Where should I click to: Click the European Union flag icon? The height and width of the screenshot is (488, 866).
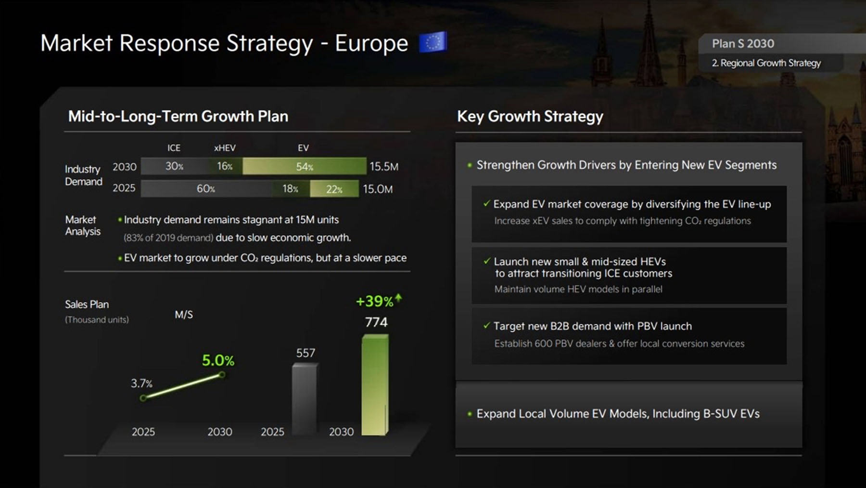coord(433,42)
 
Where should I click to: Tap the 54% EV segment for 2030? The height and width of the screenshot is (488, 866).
coord(304,166)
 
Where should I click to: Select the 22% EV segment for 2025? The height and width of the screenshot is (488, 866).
coord(334,189)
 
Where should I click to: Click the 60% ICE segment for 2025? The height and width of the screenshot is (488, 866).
coord(206,189)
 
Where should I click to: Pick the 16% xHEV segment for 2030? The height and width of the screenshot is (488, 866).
coord(225,166)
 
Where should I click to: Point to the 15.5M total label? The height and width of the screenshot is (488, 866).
coord(384,167)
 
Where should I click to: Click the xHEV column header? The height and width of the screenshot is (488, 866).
coord(225,148)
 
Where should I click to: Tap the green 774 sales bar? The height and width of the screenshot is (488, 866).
coord(375,385)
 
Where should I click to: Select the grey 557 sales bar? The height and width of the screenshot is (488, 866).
coord(305,399)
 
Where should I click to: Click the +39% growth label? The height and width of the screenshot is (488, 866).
coord(375,302)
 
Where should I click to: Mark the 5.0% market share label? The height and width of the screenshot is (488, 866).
coord(218,360)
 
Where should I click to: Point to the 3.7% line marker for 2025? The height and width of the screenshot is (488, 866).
coord(143,398)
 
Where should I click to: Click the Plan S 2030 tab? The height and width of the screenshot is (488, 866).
coord(743,44)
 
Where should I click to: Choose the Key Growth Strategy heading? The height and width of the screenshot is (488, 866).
coord(530,116)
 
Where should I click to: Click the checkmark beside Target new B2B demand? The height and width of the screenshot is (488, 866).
coord(486,326)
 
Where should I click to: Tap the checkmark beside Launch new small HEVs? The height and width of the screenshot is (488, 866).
coord(486,261)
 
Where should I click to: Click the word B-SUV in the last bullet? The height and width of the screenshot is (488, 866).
coord(720,414)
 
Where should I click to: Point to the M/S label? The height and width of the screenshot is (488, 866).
coord(184,315)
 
